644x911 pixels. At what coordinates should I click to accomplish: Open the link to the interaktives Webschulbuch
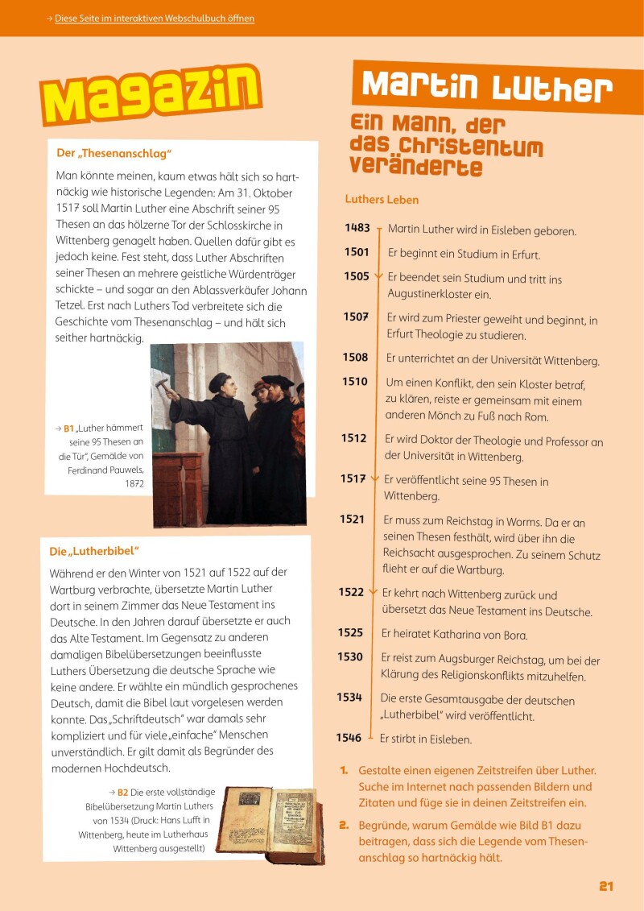coord(155,18)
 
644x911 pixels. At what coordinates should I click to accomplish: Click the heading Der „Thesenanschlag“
coord(114,153)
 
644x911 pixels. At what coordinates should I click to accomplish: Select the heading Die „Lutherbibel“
coord(94,552)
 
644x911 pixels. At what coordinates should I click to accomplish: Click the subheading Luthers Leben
coord(382,200)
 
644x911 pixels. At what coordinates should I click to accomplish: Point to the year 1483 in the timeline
coord(357,229)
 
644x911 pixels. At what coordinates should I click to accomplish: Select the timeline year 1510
coord(354,382)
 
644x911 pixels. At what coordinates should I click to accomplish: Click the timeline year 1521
coord(352,520)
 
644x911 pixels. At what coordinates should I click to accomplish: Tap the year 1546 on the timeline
coord(349,737)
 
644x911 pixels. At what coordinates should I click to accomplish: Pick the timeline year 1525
coord(350,633)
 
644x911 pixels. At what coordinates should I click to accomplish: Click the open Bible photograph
coord(273,826)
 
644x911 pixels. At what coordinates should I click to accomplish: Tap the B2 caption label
coord(122,793)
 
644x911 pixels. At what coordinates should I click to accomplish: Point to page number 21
coord(606,886)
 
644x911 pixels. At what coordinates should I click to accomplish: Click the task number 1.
coord(343,770)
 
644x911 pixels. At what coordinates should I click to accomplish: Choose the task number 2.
coord(343,826)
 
